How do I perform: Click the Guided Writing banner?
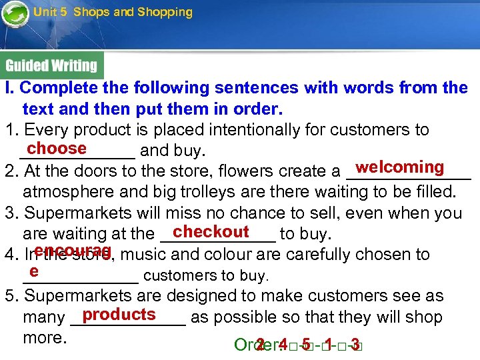[x=51, y=65]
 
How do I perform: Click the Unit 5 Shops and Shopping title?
[x=113, y=12]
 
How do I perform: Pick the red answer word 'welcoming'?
[x=400, y=167]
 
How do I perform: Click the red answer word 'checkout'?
[x=211, y=231]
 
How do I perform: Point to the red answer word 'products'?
[x=119, y=314]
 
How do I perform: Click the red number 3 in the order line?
[x=355, y=344]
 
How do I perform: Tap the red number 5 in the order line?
[x=305, y=344]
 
